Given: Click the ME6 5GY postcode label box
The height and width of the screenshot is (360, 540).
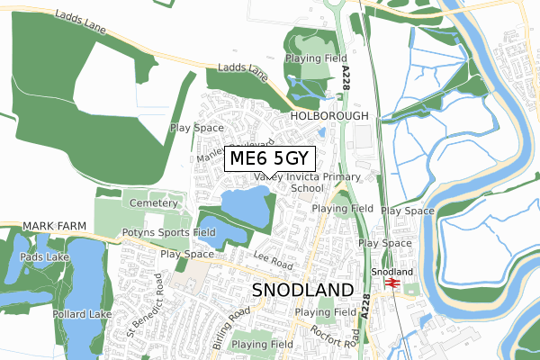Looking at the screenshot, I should [x=270, y=158].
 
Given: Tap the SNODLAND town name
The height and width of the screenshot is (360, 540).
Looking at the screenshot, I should [x=302, y=290].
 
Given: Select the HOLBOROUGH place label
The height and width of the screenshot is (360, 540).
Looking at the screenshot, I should [x=329, y=117].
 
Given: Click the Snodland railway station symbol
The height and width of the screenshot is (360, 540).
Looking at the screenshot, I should [x=391, y=282].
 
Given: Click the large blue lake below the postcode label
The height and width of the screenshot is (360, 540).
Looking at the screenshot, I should [x=245, y=208].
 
